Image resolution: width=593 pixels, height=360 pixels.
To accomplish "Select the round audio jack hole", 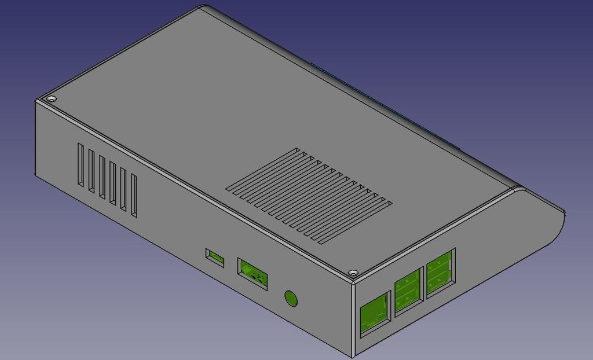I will pyautogui.click(x=291, y=299).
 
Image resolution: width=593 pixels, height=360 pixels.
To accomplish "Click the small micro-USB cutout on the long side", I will pyautogui.click(x=215, y=257).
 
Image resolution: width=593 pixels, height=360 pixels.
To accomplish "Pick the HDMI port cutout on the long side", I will pyautogui.click(x=253, y=273).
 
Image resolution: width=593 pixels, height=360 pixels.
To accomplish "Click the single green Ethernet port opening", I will pyautogui.click(x=374, y=314).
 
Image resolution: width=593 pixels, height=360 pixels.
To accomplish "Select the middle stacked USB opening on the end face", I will pyautogui.click(x=409, y=292).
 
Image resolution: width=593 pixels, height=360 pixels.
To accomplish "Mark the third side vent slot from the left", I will pyautogui.click(x=102, y=177).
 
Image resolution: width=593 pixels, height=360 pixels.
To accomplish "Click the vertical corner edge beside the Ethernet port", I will pyautogui.click(x=353, y=318).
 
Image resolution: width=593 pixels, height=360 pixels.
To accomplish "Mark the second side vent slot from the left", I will pyautogui.click(x=91, y=171).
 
